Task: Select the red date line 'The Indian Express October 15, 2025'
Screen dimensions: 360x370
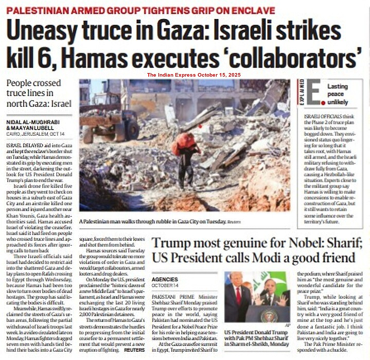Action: pos(193,75)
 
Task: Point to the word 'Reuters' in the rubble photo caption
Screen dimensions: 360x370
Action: pos(235,221)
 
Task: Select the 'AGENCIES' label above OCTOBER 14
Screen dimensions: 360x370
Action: pos(165,279)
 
